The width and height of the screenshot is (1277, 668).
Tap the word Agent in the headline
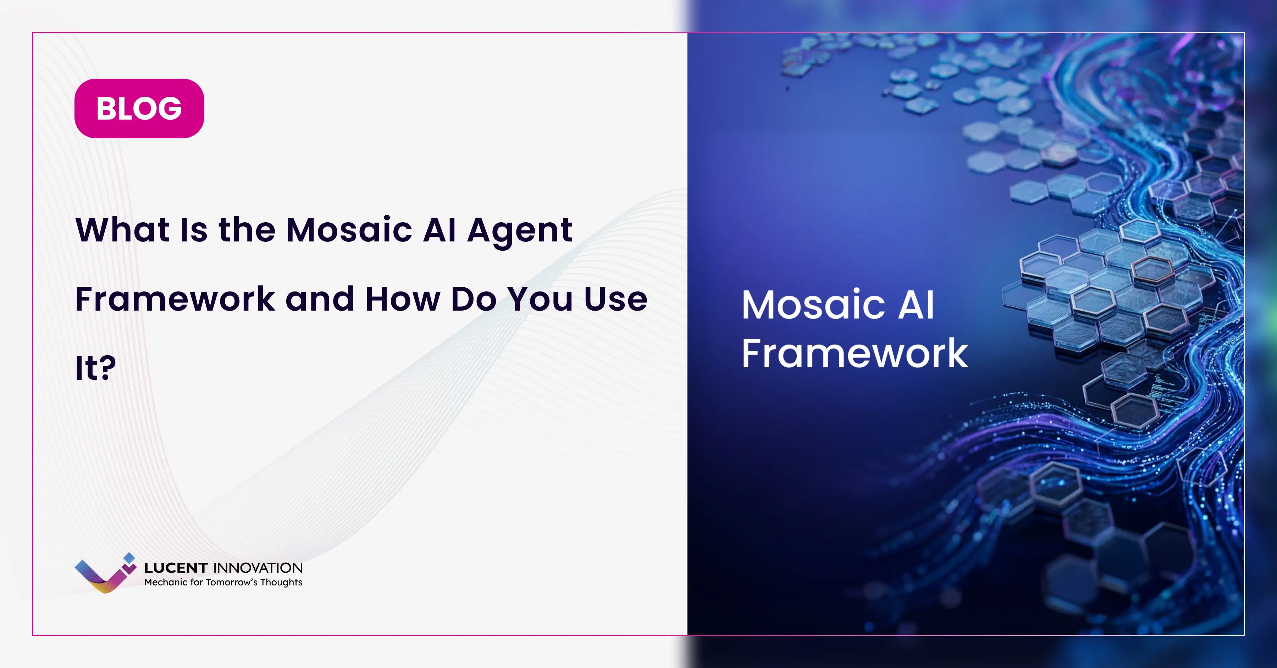tap(520, 231)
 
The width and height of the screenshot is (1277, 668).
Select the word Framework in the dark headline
tap(175, 299)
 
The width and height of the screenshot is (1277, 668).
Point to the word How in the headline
tap(403, 299)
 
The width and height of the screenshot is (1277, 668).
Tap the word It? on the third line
tap(95, 368)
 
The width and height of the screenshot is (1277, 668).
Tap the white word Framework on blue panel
tap(855, 354)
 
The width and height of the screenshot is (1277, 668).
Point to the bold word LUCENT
tap(176, 568)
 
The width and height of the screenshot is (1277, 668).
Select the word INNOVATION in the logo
tap(257, 568)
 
